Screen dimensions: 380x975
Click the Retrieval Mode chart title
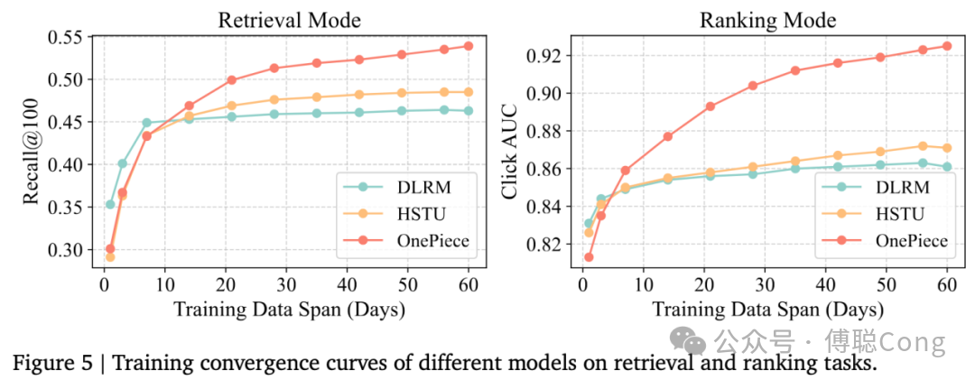(287, 20)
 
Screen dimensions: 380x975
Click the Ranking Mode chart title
(767, 20)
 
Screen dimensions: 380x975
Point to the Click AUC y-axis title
(510, 150)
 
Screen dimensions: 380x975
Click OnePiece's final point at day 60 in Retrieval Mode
(469, 46)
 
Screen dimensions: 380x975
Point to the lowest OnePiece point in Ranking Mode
(588, 257)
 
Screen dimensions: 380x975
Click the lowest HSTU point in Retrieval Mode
(110, 257)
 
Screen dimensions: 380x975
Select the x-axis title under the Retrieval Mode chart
(287, 310)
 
